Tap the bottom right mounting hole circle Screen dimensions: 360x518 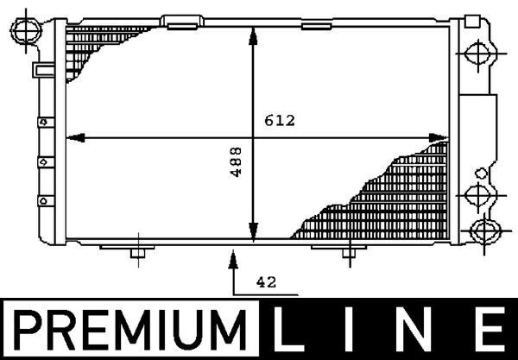point(485,231)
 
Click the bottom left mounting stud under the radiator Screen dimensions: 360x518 point(136,253)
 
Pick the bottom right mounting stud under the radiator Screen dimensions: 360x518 point(346,253)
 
